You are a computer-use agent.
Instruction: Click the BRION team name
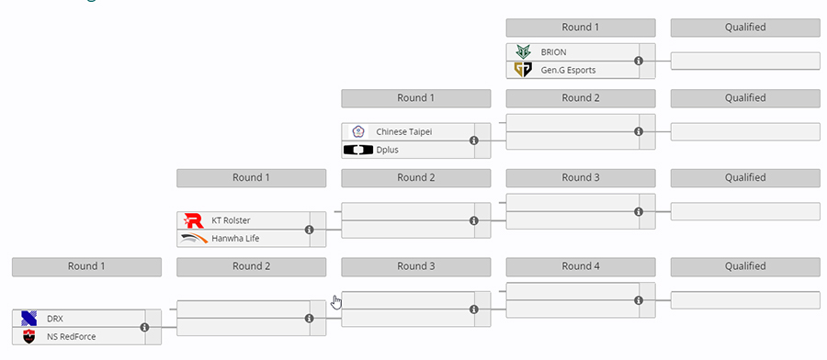point(553,52)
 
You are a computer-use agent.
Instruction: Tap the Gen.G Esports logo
point(523,70)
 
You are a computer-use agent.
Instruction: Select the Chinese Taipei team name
point(404,131)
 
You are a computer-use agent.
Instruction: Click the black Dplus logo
point(358,150)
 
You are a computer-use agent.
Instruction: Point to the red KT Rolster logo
point(194,220)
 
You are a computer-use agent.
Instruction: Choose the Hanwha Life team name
point(235,238)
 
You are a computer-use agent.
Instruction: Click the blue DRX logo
point(29,319)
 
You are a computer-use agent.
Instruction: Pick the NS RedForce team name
point(71,336)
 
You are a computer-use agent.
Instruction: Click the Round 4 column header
point(581,266)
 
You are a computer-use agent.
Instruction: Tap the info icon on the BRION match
point(639,61)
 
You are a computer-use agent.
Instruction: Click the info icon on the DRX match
point(144,327)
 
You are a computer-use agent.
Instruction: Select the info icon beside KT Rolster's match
point(310,230)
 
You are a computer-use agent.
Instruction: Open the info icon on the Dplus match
point(474,141)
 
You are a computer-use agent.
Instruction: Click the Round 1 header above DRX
point(86,266)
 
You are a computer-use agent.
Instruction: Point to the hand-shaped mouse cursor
point(336,302)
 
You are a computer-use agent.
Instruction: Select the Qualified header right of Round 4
point(745,266)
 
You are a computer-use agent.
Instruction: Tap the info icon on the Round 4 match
point(639,300)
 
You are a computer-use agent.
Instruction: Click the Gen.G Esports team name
point(568,70)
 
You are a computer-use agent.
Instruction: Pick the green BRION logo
point(523,52)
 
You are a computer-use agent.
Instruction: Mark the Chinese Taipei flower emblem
point(358,131)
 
